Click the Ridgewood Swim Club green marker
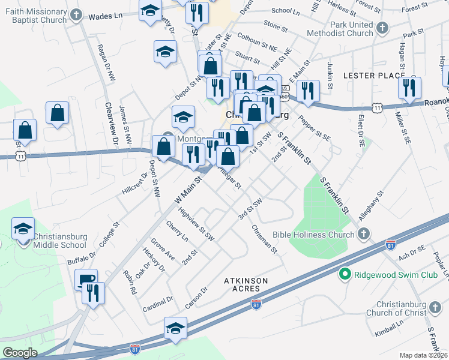point(345,275)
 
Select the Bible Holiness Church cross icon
point(362,234)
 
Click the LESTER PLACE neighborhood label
point(372,76)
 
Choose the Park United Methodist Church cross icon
point(381,28)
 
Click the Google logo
point(20,353)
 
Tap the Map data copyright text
point(424,355)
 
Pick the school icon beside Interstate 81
point(175,329)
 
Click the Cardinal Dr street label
point(158,304)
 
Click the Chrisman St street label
point(264,238)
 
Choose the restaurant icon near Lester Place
point(409,88)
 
